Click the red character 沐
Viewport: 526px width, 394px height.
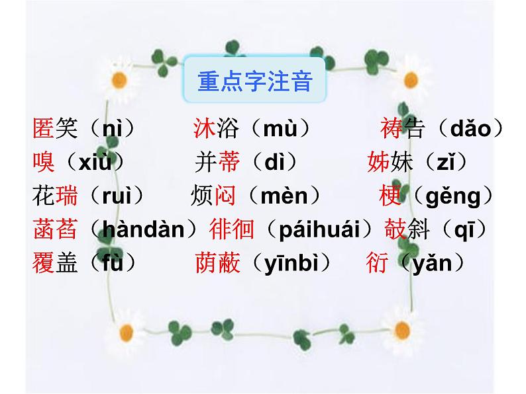click(203, 128)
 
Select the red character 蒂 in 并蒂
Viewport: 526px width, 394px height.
click(227, 162)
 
